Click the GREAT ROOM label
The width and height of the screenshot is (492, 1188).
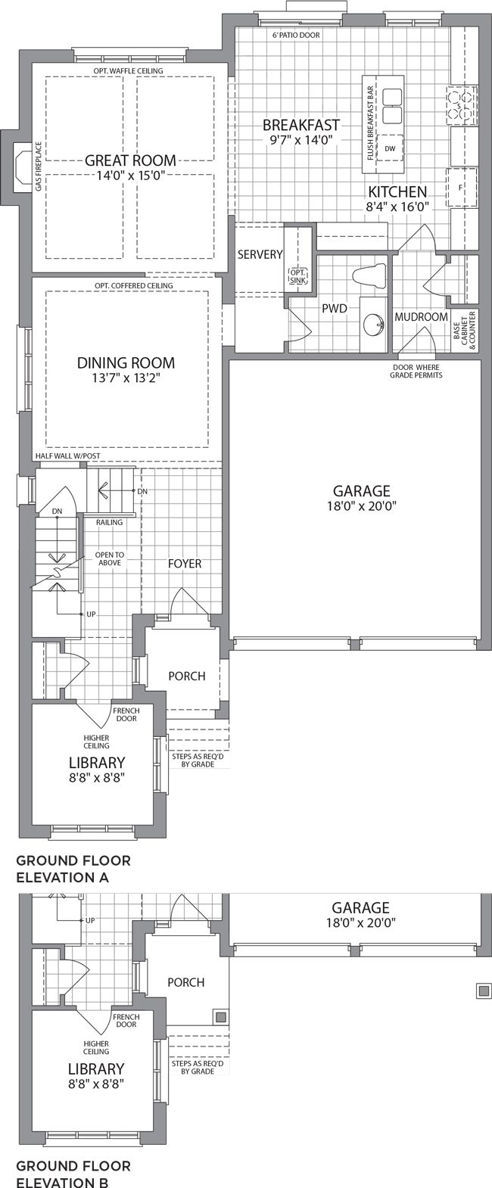tap(130, 160)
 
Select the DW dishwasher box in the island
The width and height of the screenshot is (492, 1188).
tap(390, 148)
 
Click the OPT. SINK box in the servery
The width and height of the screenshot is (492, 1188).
tap(297, 276)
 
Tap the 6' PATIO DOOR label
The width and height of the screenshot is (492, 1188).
tap(296, 36)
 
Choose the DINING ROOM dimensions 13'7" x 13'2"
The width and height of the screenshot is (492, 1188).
tap(126, 378)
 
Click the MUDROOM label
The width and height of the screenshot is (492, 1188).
tap(422, 316)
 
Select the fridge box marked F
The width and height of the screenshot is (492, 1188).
tap(461, 187)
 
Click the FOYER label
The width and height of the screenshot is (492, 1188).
tap(185, 563)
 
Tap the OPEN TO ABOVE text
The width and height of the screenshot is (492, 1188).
tap(110, 558)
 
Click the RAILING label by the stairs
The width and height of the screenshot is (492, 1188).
tap(109, 522)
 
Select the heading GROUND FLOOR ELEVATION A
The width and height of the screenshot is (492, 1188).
tap(73, 869)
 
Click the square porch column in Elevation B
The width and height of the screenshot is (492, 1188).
tap(221, 1017)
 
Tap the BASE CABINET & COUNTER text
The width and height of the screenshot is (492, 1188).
tap(465, 331)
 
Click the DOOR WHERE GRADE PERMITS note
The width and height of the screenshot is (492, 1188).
tap(416, 372)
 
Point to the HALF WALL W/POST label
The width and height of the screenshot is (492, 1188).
tap(68, 456)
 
